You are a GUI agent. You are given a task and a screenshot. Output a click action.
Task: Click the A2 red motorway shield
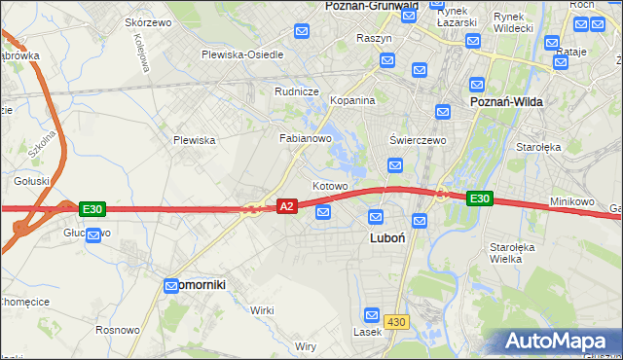coord(286,206)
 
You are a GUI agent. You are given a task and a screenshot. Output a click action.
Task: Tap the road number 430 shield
coord(397,321)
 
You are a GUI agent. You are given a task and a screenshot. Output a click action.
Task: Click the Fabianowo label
coord(307,138)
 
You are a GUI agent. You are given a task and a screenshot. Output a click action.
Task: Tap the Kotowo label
coord(330,186)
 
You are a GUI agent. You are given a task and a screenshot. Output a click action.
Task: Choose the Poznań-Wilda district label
coord(506,101)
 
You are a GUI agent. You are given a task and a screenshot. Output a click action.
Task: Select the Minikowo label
coord(571,201)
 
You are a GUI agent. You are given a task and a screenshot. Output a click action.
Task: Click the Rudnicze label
coord(297,91)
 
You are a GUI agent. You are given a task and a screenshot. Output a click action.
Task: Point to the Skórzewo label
coord(149,21)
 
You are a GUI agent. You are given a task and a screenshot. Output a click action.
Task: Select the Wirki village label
coord(262,309)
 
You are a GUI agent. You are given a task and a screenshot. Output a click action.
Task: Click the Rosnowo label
coord(118,330)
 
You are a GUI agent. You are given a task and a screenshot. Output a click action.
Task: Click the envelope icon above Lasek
coord(371,314)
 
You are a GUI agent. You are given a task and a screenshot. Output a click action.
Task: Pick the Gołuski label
coord(31,181)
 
